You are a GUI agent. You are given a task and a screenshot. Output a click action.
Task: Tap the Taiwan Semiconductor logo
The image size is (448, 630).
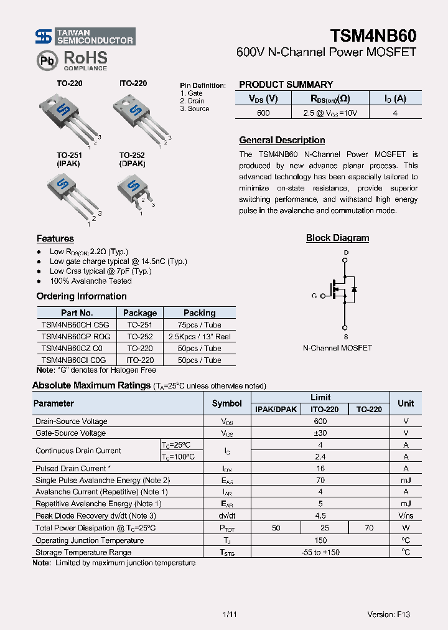click(85, 37)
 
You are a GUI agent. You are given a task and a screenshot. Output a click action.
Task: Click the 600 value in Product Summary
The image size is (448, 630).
click(263, 113)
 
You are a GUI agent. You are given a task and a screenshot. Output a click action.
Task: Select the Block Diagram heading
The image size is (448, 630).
click(337, 238)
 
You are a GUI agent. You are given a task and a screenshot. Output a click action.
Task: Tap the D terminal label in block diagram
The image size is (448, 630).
click(346, 253)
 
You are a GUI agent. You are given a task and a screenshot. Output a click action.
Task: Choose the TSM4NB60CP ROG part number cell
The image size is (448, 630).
click(76, 336)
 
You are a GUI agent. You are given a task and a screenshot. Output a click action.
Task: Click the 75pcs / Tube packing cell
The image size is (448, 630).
click(199, 324)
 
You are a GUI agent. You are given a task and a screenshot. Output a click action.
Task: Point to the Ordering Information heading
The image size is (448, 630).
click(82, 296)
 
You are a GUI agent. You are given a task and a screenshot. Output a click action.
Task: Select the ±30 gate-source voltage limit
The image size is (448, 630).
click(320, 433)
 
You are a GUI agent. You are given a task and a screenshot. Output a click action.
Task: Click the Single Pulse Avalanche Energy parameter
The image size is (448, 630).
click(103, 480)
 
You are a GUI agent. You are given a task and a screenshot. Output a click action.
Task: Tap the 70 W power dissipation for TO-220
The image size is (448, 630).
click(369, 528)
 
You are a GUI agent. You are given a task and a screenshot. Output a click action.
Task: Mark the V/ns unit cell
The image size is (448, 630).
click(406, 515)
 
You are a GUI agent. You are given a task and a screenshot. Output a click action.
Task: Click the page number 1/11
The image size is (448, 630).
click(229, 614)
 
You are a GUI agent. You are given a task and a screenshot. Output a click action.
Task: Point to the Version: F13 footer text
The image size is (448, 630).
click(388, 614)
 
